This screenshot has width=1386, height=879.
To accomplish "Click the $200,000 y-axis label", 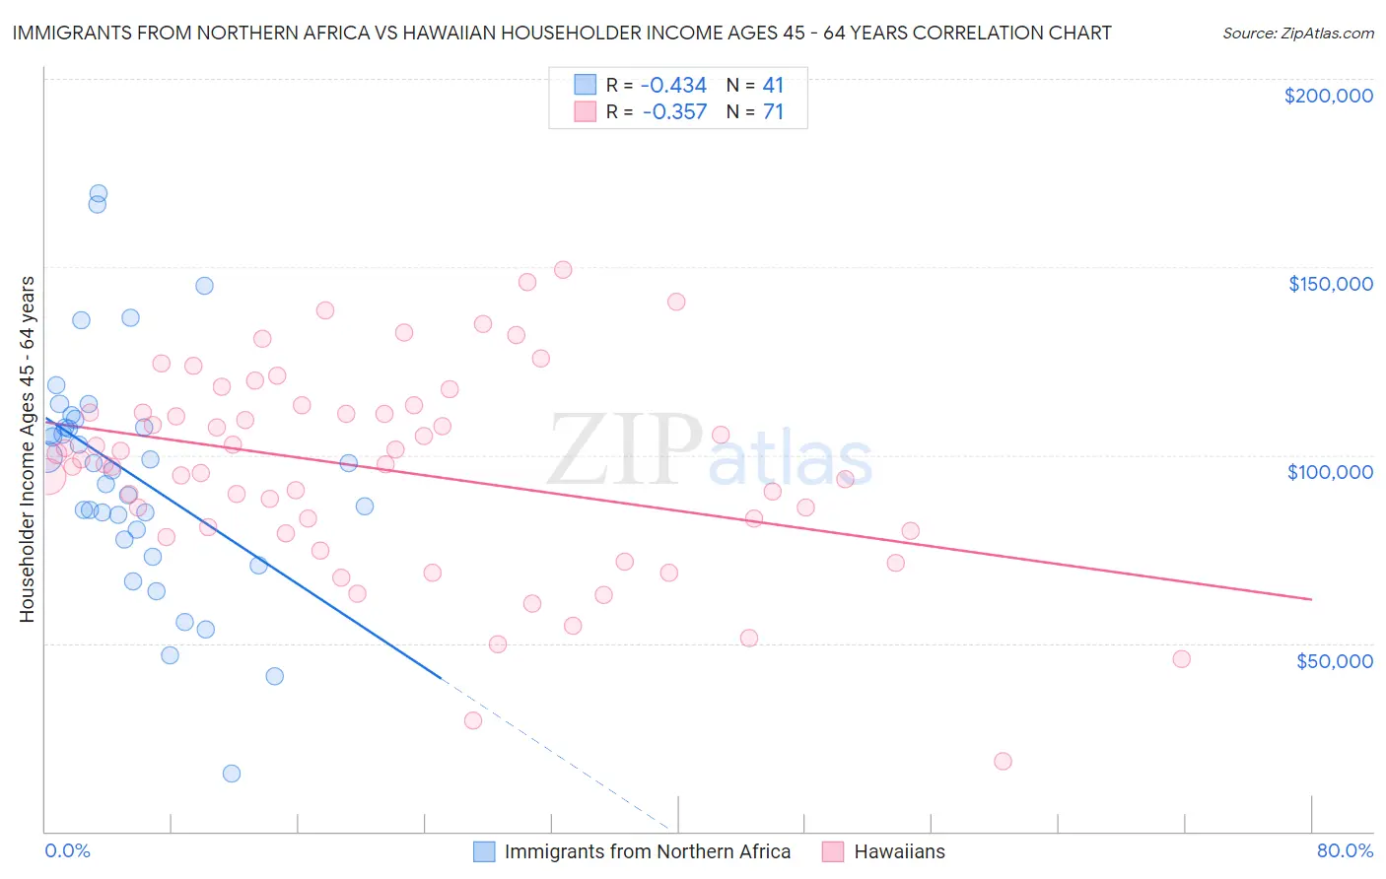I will pos(1328,96).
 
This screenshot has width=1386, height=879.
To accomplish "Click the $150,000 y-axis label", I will pos(1330,284).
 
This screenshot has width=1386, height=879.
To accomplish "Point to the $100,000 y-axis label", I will pos(1330,472).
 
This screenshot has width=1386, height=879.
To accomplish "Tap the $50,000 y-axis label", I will pos(1334,660).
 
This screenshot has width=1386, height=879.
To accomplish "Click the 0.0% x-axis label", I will pos(67,850).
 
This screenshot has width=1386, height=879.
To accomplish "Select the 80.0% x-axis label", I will pos(1345,850).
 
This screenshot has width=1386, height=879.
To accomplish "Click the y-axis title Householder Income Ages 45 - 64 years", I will pos(27,449).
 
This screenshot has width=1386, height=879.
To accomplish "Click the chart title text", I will pos(562,33).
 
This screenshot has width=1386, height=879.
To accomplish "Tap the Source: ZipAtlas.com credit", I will pos(1297,34).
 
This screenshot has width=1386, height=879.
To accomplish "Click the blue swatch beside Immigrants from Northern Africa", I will pos(484,851).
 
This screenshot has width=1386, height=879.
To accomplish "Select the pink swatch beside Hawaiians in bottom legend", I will pos(833,851).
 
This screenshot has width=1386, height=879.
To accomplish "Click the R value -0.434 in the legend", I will pos(673,85).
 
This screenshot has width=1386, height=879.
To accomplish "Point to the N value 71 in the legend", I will pos(773,112).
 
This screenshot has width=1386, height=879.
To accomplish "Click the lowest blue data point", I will pos(232,774).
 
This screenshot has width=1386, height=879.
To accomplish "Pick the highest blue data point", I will pos(99,194).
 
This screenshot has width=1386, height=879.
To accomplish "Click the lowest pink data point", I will pos(1003,761).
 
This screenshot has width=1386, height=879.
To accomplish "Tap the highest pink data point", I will pos(563,270).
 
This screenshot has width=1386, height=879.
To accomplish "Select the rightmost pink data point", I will pos(1181,659).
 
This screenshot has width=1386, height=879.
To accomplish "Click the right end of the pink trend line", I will pos(1311,599).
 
